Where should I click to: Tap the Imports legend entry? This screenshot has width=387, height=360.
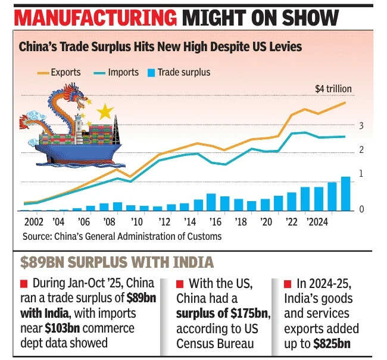tap(123, 73)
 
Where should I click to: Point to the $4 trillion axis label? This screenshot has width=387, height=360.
tap(333, 89)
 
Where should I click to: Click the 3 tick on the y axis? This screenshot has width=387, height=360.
tap(361, 126)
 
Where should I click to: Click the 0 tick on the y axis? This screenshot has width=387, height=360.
tap(361, 209)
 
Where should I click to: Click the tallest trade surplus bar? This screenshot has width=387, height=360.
tap(345, 193)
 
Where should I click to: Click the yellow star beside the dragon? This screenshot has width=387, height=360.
tap(105, 111)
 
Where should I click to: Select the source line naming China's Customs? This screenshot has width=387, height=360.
tap(122, 237)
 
